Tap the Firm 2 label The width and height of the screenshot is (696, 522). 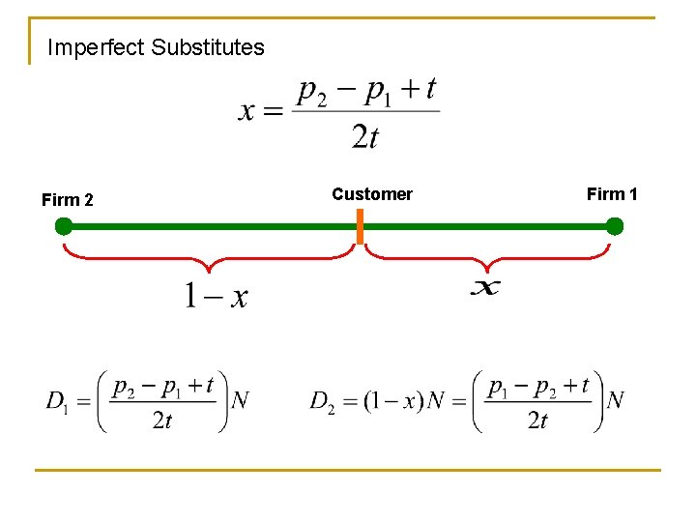(x=68, y=200)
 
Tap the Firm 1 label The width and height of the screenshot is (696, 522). (x=612, y=194)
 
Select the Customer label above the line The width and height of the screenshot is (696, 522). (x=372, y=194)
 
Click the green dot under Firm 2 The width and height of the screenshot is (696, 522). (x=64, y=227)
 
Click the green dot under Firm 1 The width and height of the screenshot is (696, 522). (x=614, y=227)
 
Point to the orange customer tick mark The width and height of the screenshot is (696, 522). (x=360, y=227)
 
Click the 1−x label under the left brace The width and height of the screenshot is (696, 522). (x=216, y=295)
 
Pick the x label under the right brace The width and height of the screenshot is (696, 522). (x=485, y=287)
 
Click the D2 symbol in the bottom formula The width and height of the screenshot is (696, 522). (x=323, y=400)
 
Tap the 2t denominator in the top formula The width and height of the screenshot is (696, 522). (x=365, y=137)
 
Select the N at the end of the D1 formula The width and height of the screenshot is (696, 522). (x=240, y=400)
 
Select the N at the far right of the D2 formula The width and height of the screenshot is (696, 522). (x=615, y=400)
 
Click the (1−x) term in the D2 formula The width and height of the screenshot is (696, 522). (x=393, y=400)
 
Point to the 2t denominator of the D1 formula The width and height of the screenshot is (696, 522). (x=162, y=420)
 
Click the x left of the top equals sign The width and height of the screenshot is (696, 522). (x=247, y=111)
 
